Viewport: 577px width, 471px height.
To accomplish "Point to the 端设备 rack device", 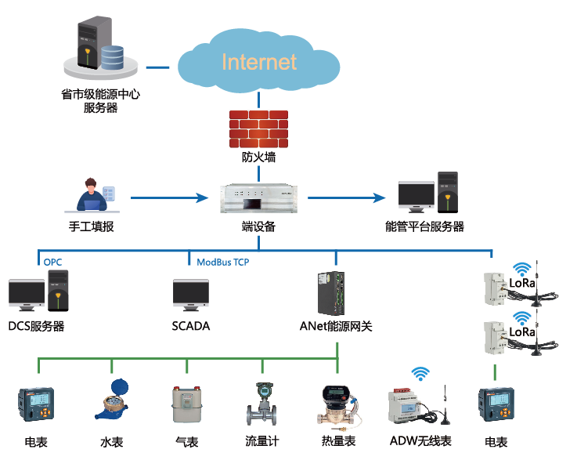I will [x=258, y=198].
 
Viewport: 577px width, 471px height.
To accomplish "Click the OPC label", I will [x=52, y=262].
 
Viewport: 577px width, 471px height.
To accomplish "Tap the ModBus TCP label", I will [x=223, y=262].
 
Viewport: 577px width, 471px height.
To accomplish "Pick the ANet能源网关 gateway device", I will [x=330, y=292].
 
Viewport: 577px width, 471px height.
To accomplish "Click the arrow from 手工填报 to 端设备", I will [x=172, y=197].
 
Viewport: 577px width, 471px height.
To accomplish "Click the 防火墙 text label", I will [x=258, y=158].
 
